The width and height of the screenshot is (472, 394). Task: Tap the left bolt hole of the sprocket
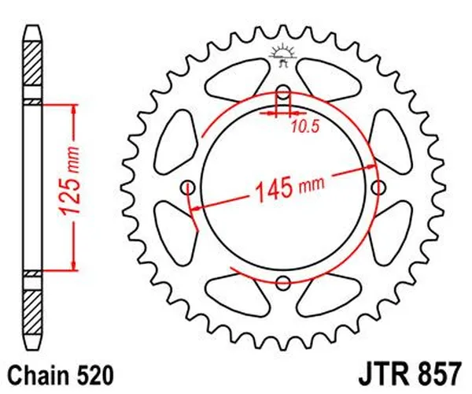187,187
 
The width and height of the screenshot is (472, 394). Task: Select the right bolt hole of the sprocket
379,187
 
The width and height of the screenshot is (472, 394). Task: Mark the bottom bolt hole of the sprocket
283,282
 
